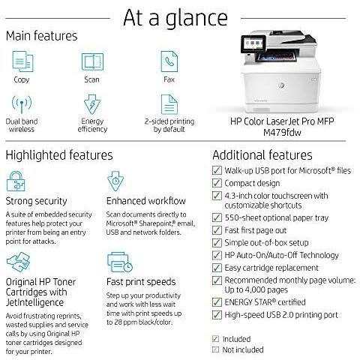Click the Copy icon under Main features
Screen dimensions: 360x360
coord(22,61)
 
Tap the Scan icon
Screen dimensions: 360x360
coord(92,61)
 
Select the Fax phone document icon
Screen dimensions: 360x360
coord(169,61)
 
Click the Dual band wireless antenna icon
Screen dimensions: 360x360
coord(22,104)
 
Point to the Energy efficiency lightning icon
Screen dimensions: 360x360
coord(92,104)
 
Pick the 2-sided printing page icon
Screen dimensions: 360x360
coord(169,104)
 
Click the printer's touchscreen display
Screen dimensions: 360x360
coord(253,43)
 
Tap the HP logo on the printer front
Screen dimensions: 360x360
coord(281,85)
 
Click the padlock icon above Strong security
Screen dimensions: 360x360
coord(16,181)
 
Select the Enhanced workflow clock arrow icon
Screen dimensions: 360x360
coord(115,181)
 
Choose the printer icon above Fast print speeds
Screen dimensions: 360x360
coord(120,262)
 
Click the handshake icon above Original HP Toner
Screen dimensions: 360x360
coord(18,262)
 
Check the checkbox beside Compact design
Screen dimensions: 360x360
coord(217,183)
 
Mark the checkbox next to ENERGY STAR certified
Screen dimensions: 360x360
coord(217,302)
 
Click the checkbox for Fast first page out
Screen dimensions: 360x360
coord(217,230)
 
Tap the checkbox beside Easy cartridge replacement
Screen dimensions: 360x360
coord(217,268)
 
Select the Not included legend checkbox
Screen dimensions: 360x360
coord(215,349)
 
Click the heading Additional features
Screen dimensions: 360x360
coord(262,155)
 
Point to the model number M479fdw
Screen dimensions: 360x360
coord(282,132)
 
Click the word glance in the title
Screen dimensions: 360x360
coord(196,19)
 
